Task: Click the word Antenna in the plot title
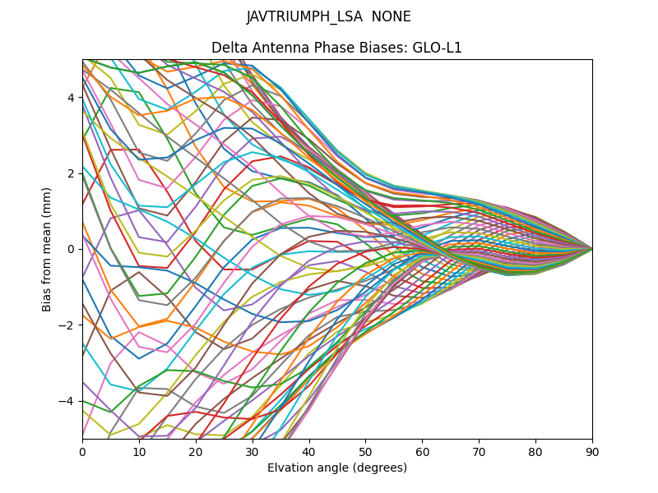click(x=277, y=48)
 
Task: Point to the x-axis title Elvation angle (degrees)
click(x=337, y=468)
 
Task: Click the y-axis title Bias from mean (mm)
click(x=47, y=249)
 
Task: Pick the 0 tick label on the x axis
click(x=82, y=451)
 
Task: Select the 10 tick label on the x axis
click(x=139, y=451)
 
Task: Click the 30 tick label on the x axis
click(x=253, y=451)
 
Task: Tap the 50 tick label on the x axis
click(x=365, y=451)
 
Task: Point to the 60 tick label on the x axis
click(x=422, y=451)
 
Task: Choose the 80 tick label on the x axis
click(x=535, y=451)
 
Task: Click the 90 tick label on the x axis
click(x=592, y=451)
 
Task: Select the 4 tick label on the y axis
click(x=71, y=97)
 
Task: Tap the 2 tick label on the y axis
click(x=71, y=173)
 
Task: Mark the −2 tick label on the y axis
click(x=67, y=325)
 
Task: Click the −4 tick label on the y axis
click(x=67, y=401)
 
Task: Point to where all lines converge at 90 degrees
click(x=591, y=249)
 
